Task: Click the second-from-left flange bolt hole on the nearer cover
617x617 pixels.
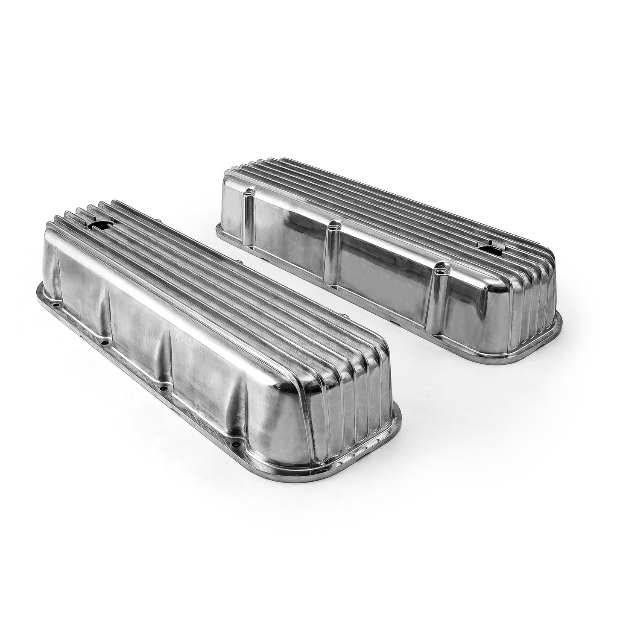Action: [102, 341]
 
